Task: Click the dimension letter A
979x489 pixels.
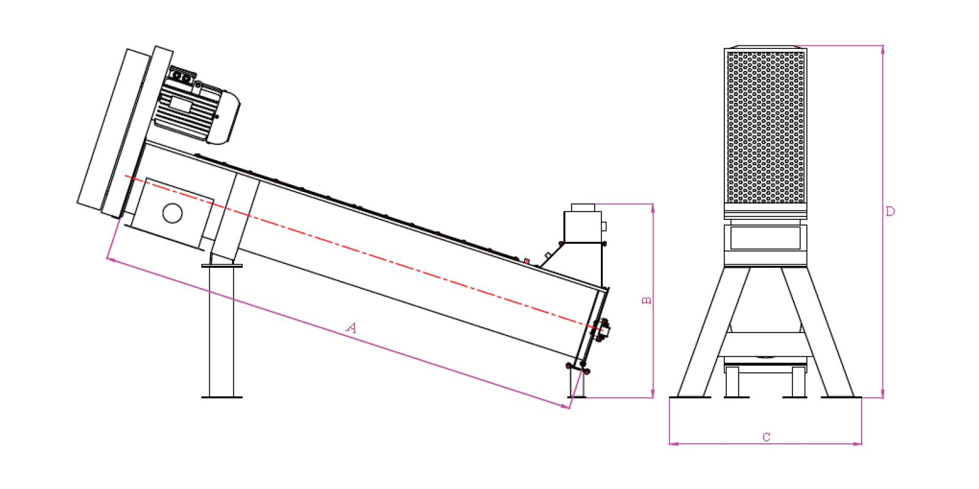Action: [x=351, y=328]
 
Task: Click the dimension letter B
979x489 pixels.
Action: [x=646, y=300]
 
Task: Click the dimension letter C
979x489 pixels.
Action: [x=766, y=437]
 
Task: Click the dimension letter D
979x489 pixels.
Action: [x=890, y=211]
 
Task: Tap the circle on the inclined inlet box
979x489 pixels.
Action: [x=172, y=213]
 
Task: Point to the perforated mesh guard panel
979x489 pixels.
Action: [x=765, y=127]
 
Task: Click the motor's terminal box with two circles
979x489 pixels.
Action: [x=182, y=76]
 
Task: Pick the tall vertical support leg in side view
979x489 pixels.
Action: [x=221, y=332]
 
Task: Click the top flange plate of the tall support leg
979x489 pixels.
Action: [x=221, y=265]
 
